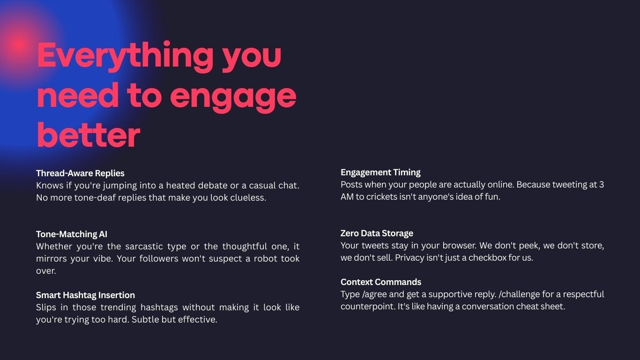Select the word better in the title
pyautogui.click(x=88, y=135)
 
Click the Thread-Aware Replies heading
pyautogui.click(x=80, y=173)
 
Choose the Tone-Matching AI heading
pyautogui.click(x=72, y=234)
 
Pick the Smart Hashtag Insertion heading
pyautogui.click(x=85, y=295)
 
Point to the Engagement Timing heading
pyautogui.click(x=380, y=172)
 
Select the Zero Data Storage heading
pyautogui.click(x=377, y=233)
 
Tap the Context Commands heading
pyautogui.click(x=381, y=282)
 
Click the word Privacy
pyautogui.click(x=409, y=258)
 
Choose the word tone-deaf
pyautogui.click(x=95, y=198)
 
